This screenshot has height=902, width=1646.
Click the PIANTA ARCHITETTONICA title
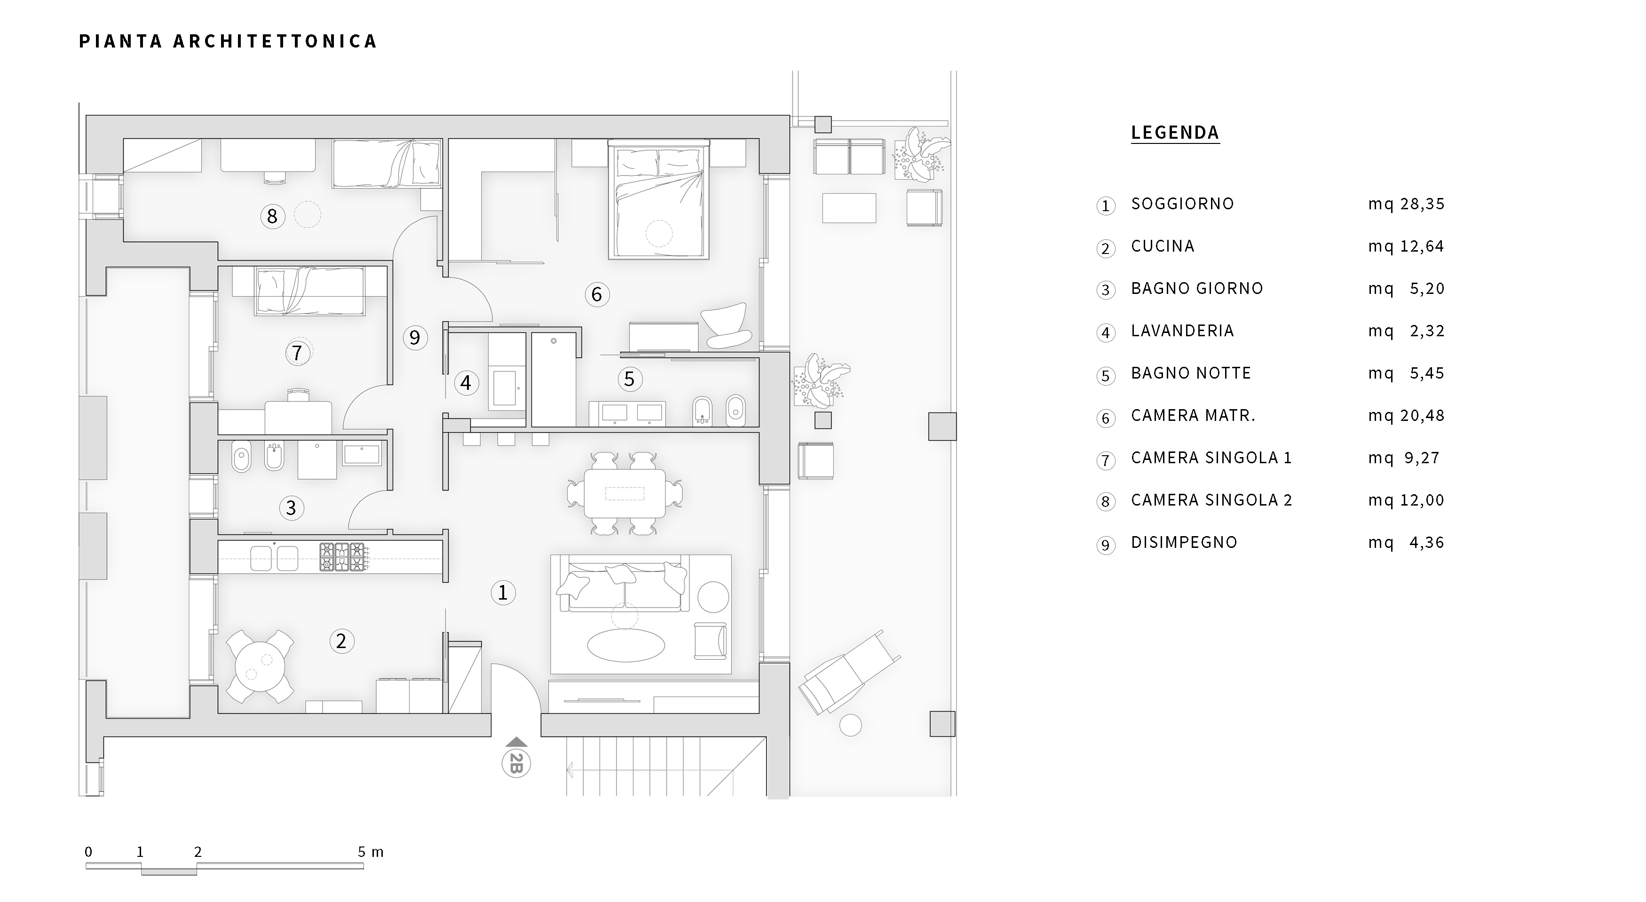[228, 41]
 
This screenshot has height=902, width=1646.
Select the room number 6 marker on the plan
[597, 294]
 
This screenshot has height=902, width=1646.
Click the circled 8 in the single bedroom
[272, 216]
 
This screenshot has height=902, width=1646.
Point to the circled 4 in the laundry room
[466, 383]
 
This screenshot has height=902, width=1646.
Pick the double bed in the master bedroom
[659, 201]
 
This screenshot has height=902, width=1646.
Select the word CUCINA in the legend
[1162, 246]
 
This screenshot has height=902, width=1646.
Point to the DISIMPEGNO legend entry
[1184, 542]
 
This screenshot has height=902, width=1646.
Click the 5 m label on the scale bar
[371, 852]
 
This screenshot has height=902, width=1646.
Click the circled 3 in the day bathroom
[292, 508]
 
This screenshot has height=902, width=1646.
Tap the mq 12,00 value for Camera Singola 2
[1406, 500]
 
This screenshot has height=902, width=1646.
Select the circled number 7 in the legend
[1106, 460]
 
